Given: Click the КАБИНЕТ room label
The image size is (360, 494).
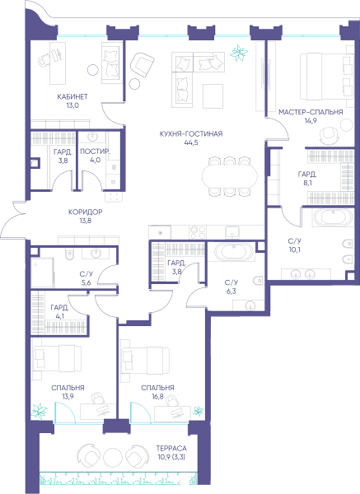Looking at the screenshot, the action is pyautogui.click(x=72, y=96).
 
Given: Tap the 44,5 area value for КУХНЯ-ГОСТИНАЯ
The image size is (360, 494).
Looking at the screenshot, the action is pyautogui.click(x=191, y=142).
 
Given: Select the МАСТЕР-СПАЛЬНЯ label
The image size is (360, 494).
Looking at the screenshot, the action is pyautogui.click(x=311, y=112).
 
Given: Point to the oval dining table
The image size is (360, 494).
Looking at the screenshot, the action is pyautogui.click(x=230, y=177).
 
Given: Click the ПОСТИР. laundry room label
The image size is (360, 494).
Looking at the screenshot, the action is pyautogui.click(x=96, y=151).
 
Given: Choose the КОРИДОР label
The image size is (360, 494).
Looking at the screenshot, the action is pyautogui.click(x=86, y=212).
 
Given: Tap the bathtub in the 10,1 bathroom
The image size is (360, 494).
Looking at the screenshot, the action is pyautogui.click(x=333, y=217).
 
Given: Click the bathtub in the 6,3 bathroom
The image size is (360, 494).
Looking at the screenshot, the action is pyautogui.click(x=234, y=252).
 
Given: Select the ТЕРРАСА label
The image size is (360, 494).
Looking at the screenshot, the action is pyautogui.click(x=171, y=448).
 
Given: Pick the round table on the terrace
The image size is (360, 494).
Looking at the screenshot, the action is pyautogui.click(x=113, y=455).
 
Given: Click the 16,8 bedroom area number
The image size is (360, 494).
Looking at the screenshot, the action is pyautogui.click(x=157, y=397).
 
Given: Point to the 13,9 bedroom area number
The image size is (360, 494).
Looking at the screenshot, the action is pyautogui.click(x=68, y=397).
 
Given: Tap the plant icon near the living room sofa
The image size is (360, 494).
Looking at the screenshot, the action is pyautogui.click(x=239, y=53).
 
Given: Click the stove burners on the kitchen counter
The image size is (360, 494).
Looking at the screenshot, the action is pyautogui.click(x=198, y=232).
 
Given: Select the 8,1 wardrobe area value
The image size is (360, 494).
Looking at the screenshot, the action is pyautogui.click(x=307, y=183).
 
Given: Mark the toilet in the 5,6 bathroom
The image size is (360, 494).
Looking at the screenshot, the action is pyautogui.click(x=69, y=254).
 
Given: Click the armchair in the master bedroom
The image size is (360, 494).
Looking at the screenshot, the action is pyautogui.click(x=330, y=136).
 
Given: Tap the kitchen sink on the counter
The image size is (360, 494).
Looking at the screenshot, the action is pyautogui.click(x=232, y=232).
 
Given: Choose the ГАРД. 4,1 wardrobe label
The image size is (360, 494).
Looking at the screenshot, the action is pyautogui.click(x=59, y=311).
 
